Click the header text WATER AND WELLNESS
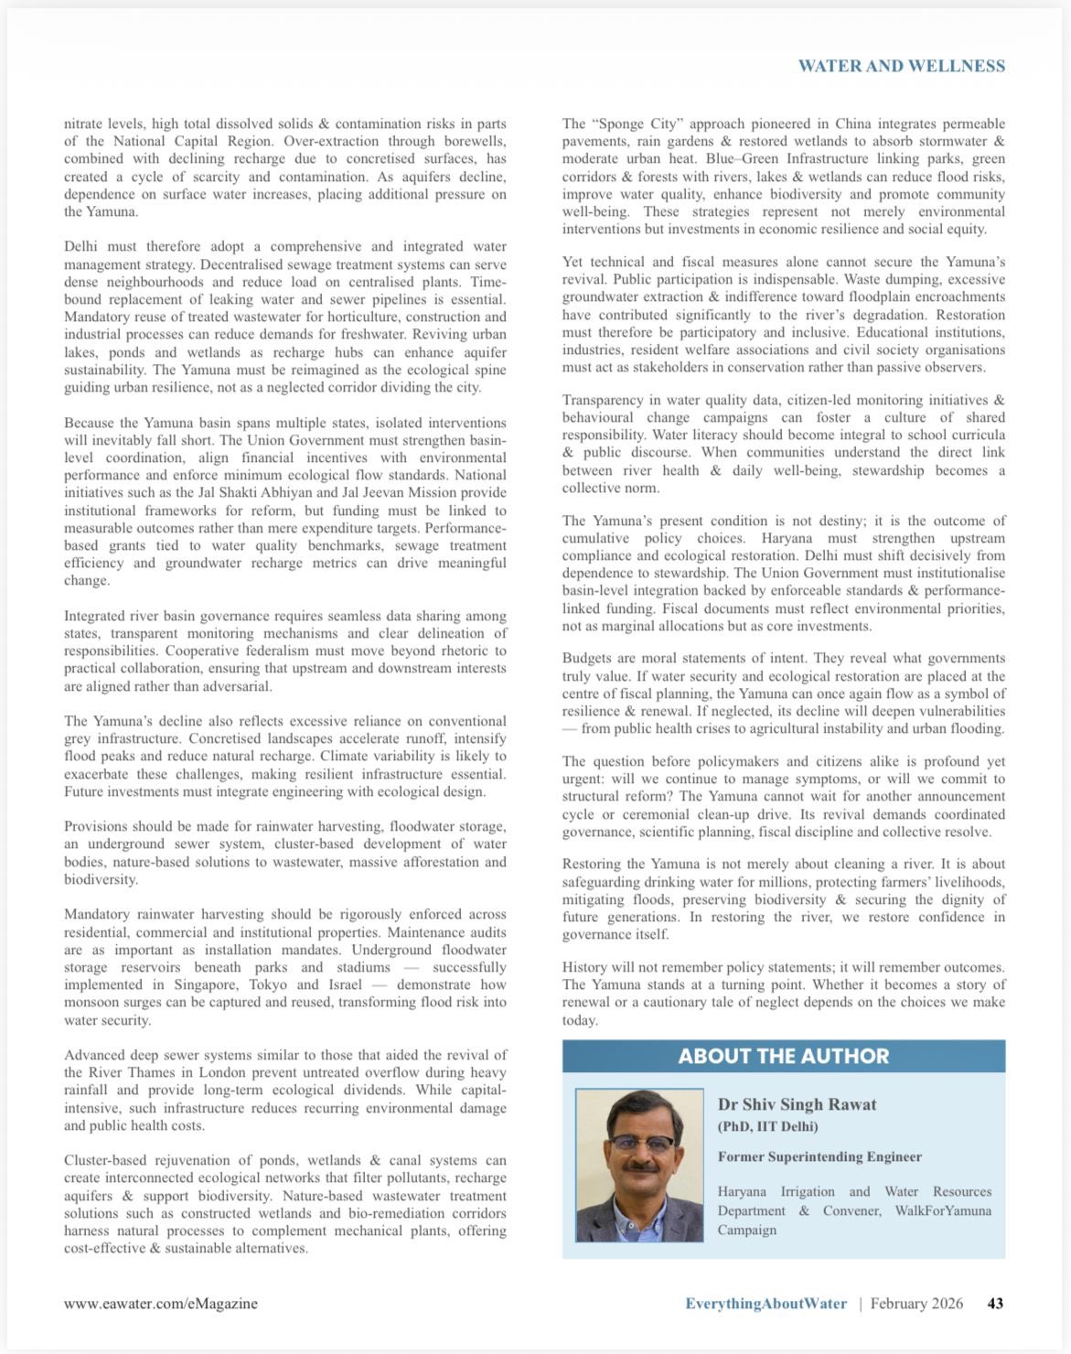click(901, 66)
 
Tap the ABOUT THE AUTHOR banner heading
click(783, 1056)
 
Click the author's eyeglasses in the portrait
click(639, 1143)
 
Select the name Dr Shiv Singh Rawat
click(797, 1104)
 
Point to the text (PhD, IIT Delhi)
click(767, 1126)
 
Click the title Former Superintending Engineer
click(819, 1156)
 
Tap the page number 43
click(995, 1303)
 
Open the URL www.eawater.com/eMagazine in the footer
click(161, 1303)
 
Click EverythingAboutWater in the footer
click(766, 1303)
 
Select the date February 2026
click(916, 1303)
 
